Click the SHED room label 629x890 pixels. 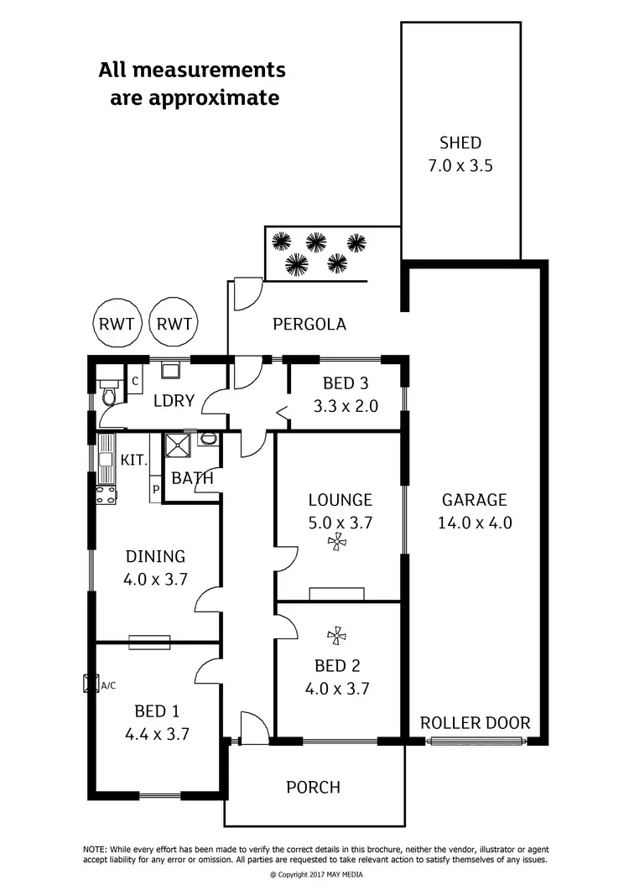click(x=460, y=143)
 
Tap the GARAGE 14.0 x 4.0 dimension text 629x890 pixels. click(x=474, y=522)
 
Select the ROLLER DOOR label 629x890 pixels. click(x=475, y=722)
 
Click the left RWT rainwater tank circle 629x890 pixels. click(x=117, y=324)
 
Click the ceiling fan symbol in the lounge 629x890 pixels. click(x=338, y=544)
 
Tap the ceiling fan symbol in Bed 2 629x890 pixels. click(x=338, y=638)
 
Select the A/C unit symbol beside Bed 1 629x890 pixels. click(x=90, y=684)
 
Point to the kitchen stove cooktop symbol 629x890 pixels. click(x=106, y=495)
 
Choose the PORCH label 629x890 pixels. click(x=314, y=787)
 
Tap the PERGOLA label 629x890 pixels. click(x=309, y=324)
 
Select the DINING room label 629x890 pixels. click(x=155, y=556)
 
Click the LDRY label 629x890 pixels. click(x=174, y=401)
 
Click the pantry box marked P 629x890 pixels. click(x=155, y=490)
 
